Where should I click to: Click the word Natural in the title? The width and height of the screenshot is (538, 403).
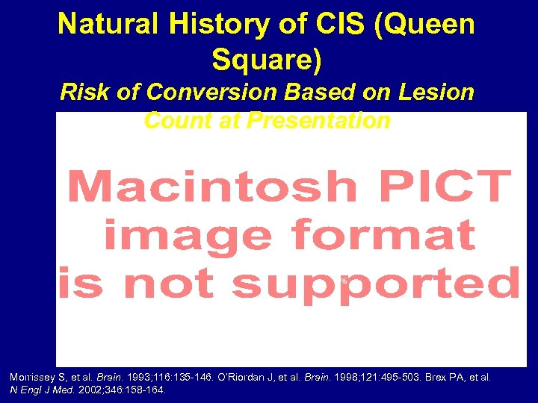(109, 24)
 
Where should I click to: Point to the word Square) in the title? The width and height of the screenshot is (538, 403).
(267, 60)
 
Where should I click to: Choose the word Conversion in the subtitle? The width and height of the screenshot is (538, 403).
(211, 92)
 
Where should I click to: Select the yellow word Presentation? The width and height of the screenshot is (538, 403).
(320, 120)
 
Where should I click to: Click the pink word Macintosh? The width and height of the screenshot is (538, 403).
(212, 187)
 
